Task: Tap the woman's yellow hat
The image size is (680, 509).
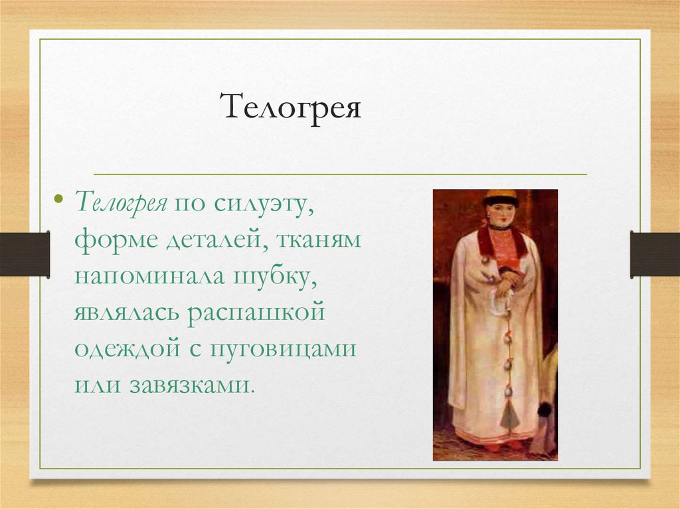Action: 501,197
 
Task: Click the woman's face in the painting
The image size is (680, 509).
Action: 501,214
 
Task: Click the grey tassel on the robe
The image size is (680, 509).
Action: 510,415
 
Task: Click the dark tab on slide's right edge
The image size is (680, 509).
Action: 655,254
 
